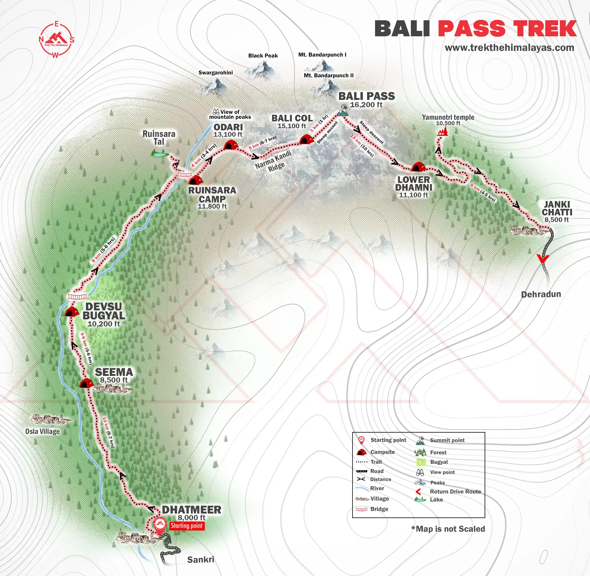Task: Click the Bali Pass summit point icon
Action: coord(343,111)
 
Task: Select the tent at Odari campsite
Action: coord(230,145)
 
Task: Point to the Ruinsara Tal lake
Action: coord(160,154)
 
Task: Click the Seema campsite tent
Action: coord(86,383)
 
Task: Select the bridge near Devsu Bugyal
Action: coord(77,296)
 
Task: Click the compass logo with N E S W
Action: coord(56,40)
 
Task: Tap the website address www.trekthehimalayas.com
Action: coord(509,48)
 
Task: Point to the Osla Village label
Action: coord(42,431)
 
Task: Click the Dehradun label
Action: coord(541,294)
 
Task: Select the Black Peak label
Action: coord(263,56)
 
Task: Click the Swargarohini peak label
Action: coord(215,73)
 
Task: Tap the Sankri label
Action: coord(200,559)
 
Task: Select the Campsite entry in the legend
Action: coord(382,452)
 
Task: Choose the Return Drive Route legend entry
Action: coord(455,492)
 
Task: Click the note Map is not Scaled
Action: coord(448,529)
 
